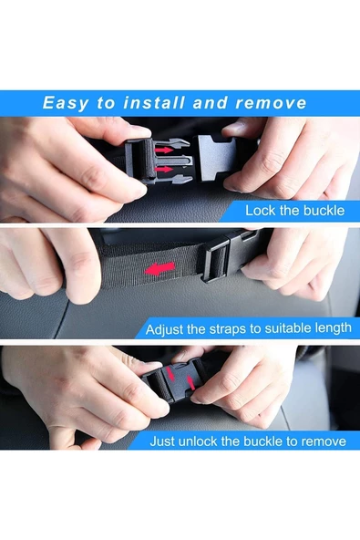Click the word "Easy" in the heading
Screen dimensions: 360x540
coord(66,103)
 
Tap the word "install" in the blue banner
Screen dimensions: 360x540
coord(154,103)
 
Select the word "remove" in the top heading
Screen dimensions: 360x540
coord(271,103)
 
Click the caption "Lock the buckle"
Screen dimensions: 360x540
coord(294,210)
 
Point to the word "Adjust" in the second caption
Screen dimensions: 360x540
coord(165,329)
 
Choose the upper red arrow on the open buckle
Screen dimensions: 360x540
coord(164,150)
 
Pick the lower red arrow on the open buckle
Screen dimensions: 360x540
coord(164,169)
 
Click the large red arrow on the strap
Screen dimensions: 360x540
coord(159,268)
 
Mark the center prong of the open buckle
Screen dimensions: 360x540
coord(174,161)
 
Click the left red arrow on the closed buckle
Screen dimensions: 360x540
coord(170,374)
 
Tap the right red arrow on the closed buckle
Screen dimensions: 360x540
coord(190,382)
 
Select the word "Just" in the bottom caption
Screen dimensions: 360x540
coord(161,441)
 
